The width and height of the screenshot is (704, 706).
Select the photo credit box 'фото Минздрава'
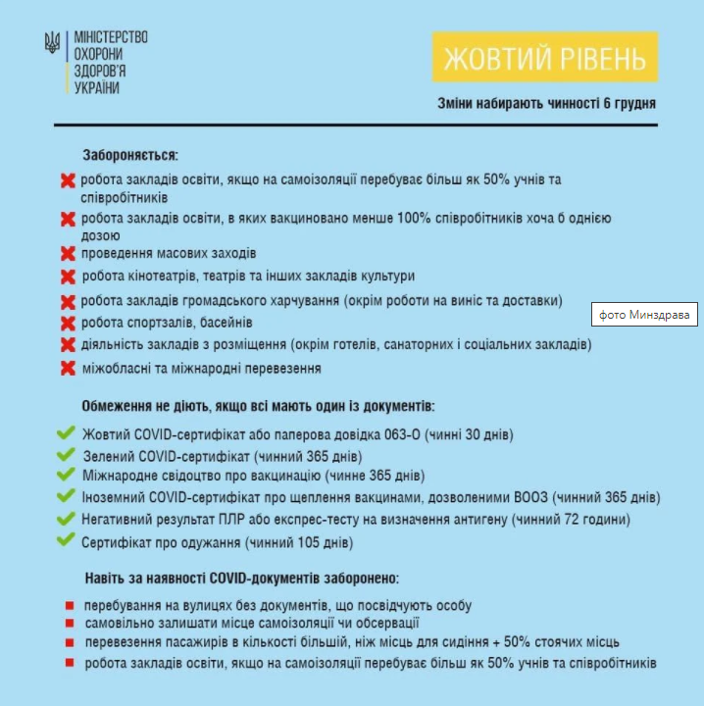point(644,316)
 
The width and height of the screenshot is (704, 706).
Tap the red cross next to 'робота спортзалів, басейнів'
point(69,324)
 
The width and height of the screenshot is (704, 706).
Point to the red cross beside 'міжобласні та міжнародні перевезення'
point(69,370)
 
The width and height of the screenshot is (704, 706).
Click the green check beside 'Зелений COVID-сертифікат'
point(67,456)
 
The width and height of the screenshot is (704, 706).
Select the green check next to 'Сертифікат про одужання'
point(67,540)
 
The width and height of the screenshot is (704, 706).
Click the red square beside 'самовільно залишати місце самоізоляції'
point(70,624)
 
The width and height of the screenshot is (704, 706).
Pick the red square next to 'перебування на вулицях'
point(70,605)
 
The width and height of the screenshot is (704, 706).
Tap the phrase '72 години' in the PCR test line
point(597,520)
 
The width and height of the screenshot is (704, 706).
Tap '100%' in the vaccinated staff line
point(415,219)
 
